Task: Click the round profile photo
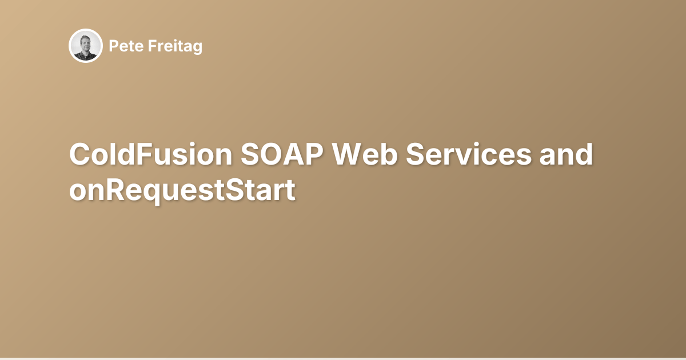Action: click(86, 46)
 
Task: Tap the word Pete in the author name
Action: click(122, 46)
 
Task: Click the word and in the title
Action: click(567, 155)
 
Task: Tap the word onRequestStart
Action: click(182, 191)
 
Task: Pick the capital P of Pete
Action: click(113, 46)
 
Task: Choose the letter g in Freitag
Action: click(197, 48)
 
